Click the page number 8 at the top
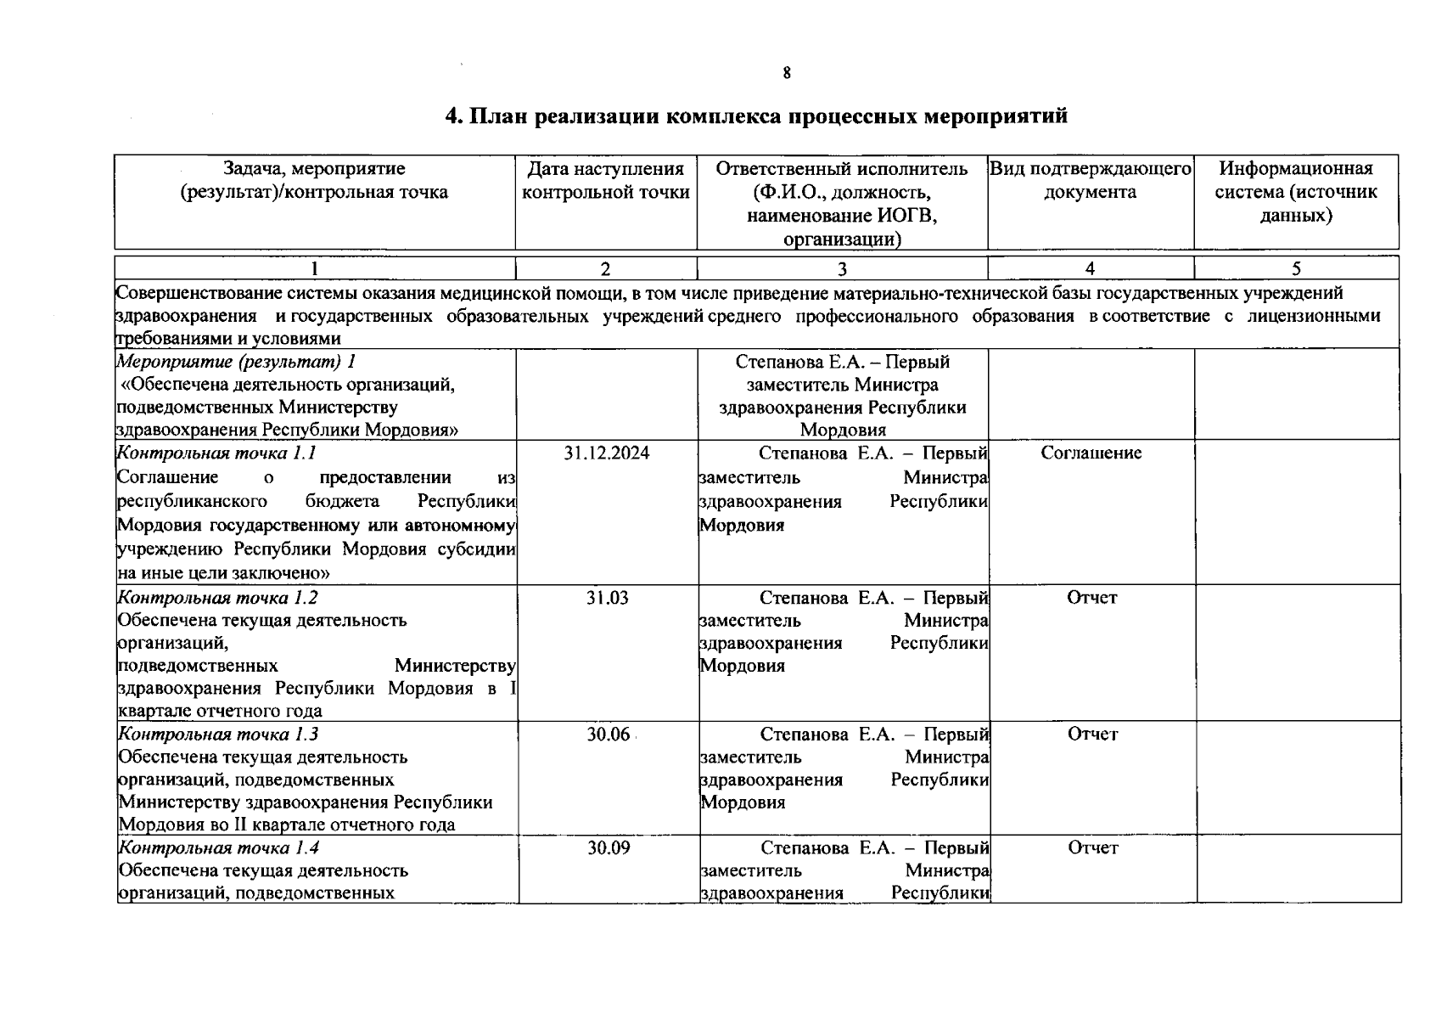tap(787, 74)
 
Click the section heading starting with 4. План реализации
tap(756, 117)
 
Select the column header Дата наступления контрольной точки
tap(606, 181)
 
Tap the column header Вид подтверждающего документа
tap(1091, 181)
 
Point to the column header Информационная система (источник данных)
tap(1296, 192)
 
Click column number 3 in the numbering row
tap(842, 270)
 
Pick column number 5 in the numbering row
tap(1296, 270)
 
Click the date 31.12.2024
tap(607, 453)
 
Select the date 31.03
tap(607, 598)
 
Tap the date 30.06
tap(608, 735)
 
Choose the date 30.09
tap(609, 848)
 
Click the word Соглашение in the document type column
tap(1091, 453)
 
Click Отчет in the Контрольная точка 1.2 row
tap(1092, 598)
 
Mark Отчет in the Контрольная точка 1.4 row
tap(1093, 848)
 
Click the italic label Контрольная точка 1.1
tap(216, 453)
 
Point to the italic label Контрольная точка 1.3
tap(218, 735)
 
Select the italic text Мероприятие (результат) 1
tap(236, 363)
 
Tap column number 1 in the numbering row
tap(315, 270)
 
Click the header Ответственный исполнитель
tap(842, 169)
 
